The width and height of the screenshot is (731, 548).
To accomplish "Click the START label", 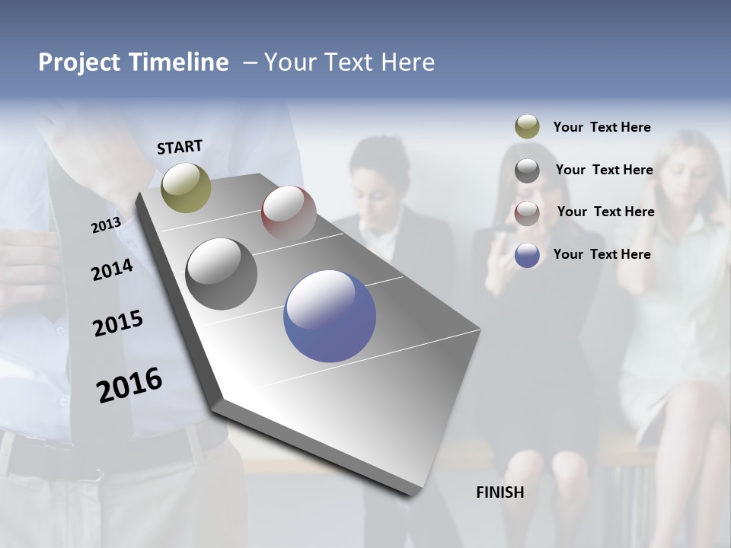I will click(180, 147).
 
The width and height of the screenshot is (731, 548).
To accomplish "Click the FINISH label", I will click(500, 492).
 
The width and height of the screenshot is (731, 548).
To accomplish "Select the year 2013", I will click(106, 225).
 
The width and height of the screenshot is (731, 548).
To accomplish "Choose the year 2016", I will click(129, 385).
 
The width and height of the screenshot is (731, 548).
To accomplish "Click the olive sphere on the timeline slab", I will click(187, 187).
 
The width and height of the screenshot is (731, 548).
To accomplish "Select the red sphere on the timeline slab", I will click(289, 212).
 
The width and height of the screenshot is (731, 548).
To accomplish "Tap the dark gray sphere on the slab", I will click(222, 273).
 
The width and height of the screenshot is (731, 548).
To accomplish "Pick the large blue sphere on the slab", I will click(330, 316).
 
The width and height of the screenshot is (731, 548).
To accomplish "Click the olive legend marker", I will click(527, 127).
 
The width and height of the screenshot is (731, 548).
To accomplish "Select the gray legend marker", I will click(527, 170).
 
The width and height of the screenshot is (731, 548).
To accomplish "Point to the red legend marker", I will click(527, 213).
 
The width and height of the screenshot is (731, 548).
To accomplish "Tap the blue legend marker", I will click(527, 255).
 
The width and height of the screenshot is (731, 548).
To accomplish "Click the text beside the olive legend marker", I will click(602, 127).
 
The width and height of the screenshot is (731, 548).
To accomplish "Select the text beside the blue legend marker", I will click(602, 254).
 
